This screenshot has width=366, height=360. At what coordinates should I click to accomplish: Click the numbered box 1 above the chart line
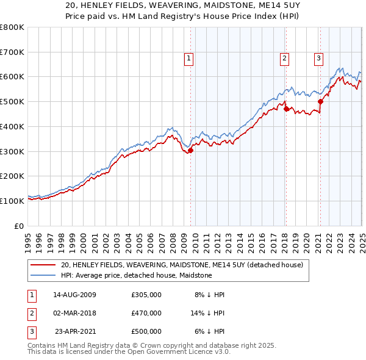[x=189, y=59]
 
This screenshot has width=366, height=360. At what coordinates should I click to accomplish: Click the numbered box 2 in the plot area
[x=284, y=59]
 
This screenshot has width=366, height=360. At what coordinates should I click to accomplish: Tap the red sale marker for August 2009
[x=190, y=150]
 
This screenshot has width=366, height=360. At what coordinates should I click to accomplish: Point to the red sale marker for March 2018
[x=285, y=109]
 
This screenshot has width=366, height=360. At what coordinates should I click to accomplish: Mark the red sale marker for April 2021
[x=320, y=102]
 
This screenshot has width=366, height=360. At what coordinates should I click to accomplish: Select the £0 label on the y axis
[x=19, y=226]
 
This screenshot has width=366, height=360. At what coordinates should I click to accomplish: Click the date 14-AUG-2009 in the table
[x=75, y=294]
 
